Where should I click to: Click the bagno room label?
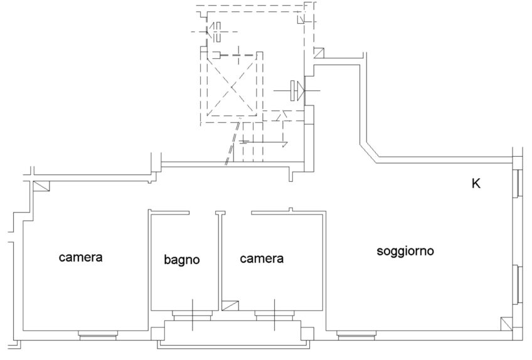(x=182, y=259)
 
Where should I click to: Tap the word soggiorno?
(x=405, y=251)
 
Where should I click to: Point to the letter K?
(x=476, y=184)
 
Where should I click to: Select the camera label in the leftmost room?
(x=80, y=257)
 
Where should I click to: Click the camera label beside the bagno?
(x=262, y=258)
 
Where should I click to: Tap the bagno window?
(x=193, y=315)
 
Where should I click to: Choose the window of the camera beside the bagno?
(x=274, y=315)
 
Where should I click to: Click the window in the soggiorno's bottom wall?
(x=356, y=336)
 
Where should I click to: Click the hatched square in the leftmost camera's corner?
(x=42, y=186)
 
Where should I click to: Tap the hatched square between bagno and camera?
(x=230, y=306)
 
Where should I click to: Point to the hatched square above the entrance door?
(x=318, y=54)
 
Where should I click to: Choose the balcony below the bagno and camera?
(x=235, y=334)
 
